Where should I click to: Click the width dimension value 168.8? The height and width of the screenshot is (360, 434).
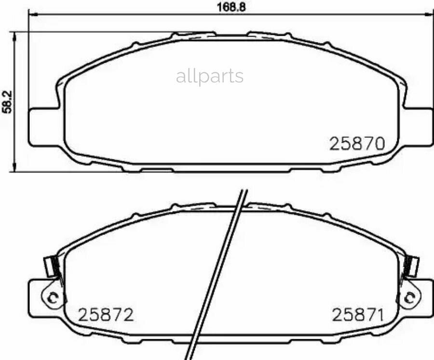[231, 7]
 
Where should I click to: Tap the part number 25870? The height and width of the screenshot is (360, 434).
[357, 144]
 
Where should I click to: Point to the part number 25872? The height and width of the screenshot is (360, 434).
[106, 315]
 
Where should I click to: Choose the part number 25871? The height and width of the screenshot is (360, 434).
[358, 315]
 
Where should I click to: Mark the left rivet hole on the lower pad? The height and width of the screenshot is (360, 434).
[52, 298]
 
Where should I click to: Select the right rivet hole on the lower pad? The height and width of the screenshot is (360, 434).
[409, 298]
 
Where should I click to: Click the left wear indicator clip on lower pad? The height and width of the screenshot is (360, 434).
[52, 266]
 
